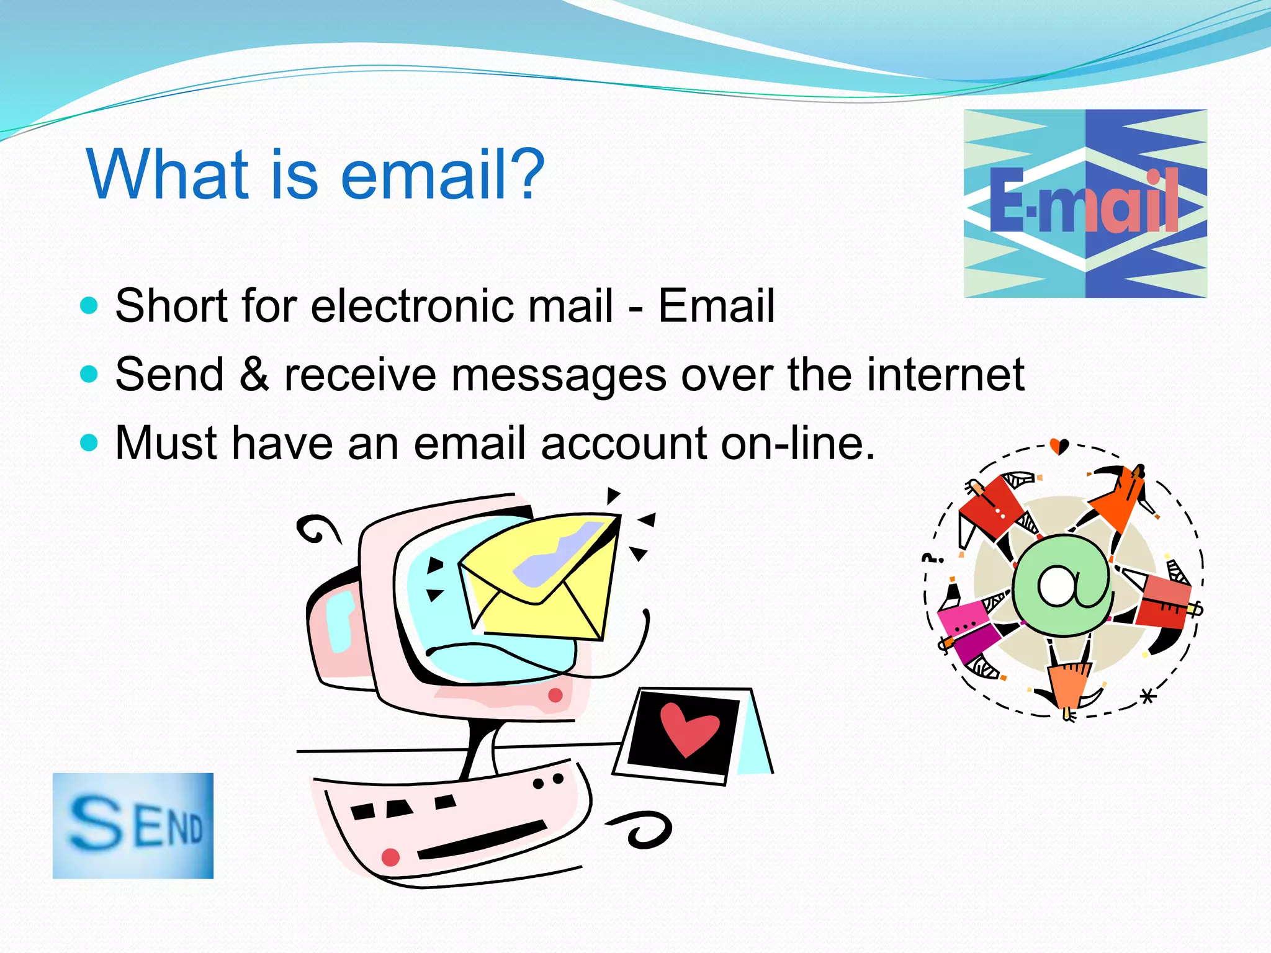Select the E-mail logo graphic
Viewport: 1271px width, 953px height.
(1085, 204)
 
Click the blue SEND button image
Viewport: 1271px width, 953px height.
(133, 826)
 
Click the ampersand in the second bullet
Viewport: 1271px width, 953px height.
(254, 374)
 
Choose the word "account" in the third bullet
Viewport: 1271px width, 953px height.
(624, 443)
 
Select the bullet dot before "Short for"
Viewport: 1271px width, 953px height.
(89, 306)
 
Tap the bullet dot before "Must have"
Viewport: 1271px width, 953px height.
(89, 443)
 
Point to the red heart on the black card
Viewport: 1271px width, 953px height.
(688, 729)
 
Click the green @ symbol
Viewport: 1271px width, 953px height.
(1062, 585)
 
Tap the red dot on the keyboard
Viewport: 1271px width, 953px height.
(390, 857)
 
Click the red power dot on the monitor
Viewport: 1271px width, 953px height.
(555, 695)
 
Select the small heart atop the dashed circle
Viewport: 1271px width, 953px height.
(1059, 445)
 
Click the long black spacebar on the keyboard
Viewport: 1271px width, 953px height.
(482, 840)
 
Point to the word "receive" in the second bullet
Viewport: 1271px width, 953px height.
(360, 374)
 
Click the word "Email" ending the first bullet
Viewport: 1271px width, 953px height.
(716, 306)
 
